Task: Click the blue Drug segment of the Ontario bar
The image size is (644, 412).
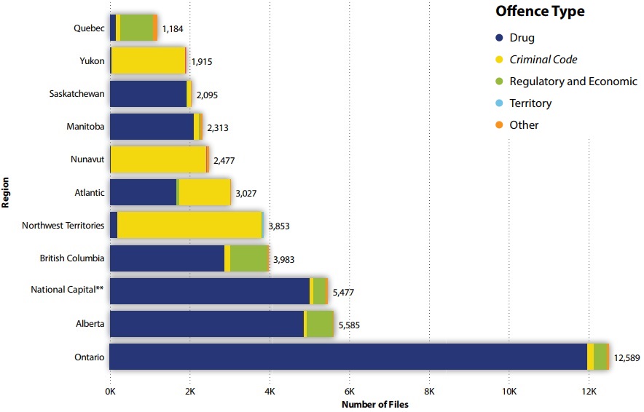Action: point(348,357)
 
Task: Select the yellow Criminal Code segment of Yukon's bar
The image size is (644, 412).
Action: point(148,61)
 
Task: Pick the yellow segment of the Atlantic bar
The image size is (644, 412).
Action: point(204,192)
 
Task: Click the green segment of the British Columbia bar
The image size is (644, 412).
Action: point(248,258)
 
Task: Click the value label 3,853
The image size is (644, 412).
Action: point(279,226)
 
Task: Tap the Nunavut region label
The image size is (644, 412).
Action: point(87,159)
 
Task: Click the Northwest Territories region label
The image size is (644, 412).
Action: point(63,225)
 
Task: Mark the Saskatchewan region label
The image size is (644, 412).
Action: point(77,94)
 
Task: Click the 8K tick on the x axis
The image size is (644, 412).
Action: point(429,392)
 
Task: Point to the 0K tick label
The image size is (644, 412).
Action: point(110,392)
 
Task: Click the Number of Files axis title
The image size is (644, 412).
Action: point(375,405)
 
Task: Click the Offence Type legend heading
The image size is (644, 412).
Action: point(539,12)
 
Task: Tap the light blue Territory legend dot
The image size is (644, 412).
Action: point(499,103)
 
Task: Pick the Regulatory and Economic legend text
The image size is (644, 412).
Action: point(573,82)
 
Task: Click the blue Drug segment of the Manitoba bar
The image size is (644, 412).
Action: point(152,127)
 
